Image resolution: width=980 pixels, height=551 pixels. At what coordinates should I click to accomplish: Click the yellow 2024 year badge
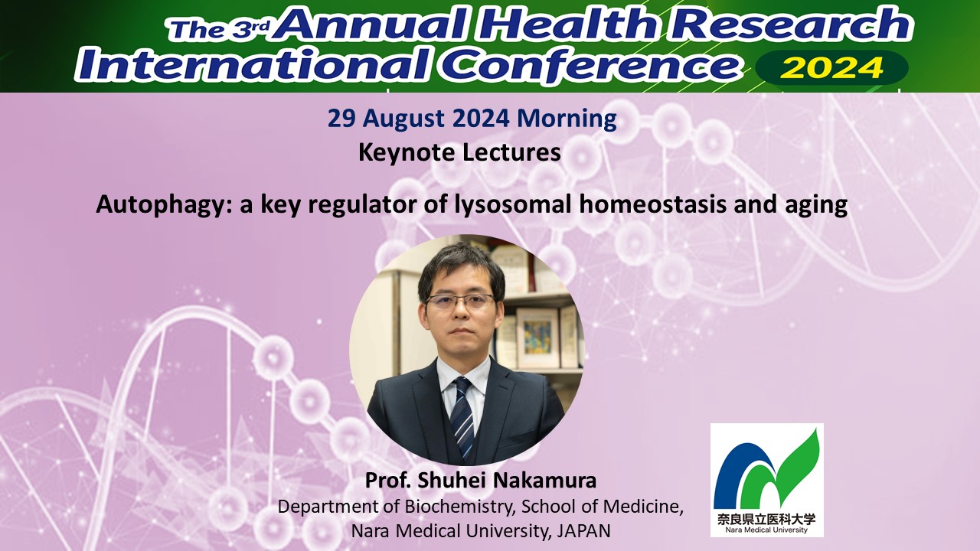pos(831,68)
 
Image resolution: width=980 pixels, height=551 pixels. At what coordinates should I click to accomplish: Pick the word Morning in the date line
pos(567,119)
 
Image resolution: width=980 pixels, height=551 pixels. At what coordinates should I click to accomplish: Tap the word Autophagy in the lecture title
pos(164,205)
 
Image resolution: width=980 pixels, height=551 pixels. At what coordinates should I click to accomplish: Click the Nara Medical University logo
pos(766,480)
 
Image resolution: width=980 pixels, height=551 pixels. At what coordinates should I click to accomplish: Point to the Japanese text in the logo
pos(766,519)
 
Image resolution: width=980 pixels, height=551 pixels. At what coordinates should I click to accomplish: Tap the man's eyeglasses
pos(460,301)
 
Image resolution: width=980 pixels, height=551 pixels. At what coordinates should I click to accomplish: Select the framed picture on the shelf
pos(537,337)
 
